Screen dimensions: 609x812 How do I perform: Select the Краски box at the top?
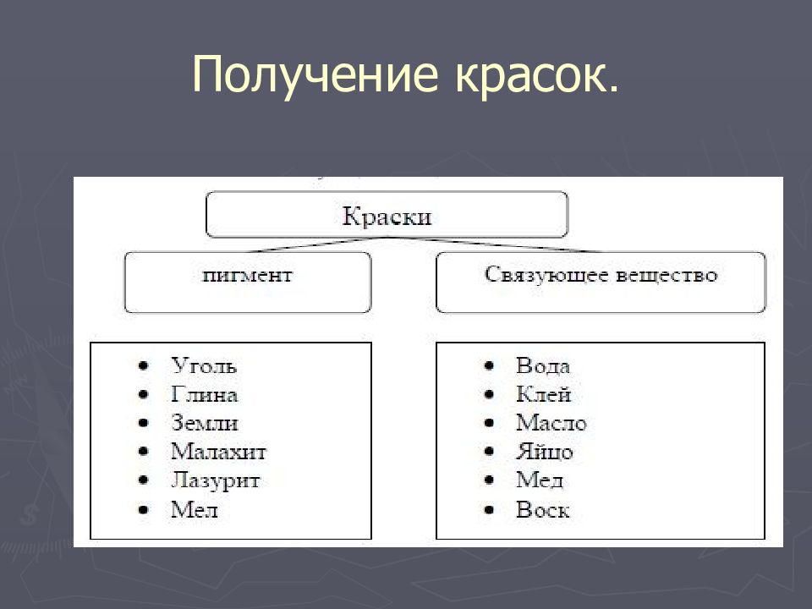(387, 216)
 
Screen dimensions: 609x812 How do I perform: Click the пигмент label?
(248, 276)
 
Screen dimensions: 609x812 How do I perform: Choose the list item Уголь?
(204, 366)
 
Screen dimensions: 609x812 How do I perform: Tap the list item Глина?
(204, 395)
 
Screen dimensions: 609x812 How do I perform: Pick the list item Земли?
(204, 424)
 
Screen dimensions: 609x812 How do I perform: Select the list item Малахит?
(218, 453)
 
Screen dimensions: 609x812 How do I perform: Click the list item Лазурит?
(215, 481)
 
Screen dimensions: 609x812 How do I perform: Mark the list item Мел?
(194, 510)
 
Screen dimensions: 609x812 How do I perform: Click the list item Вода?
(543, 366)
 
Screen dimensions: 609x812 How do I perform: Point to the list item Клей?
(543, 395)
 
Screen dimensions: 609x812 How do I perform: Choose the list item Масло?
(551, 424)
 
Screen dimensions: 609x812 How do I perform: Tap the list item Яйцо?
(544, 453)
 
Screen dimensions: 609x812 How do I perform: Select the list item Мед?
(539, 481)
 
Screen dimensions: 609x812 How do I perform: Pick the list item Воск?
(542, 510)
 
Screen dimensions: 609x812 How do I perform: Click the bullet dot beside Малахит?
(144, 453)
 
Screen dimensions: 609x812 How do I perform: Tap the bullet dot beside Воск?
(489, 510)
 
